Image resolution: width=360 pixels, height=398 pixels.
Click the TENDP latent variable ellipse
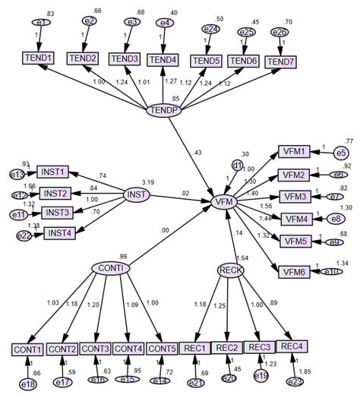click(163, 111)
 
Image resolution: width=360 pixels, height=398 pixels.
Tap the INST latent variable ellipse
click(137, 196)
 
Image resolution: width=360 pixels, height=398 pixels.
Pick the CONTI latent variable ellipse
click(110, 268)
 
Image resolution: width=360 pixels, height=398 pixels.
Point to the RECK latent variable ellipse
click(230, 270)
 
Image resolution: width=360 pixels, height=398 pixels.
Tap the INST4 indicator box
click(58, 232)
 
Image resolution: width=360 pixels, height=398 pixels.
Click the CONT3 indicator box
click(96, 349)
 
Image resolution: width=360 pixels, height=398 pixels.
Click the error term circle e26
click(279, 31)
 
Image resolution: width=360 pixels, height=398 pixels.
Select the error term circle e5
click(341, 153)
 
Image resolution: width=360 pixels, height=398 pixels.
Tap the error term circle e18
click(28, 385)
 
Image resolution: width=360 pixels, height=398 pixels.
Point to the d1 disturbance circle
click(238, 164)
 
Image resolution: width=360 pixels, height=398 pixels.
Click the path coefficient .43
click(199, 153)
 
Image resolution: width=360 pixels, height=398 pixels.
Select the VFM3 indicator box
click(295, 197)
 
